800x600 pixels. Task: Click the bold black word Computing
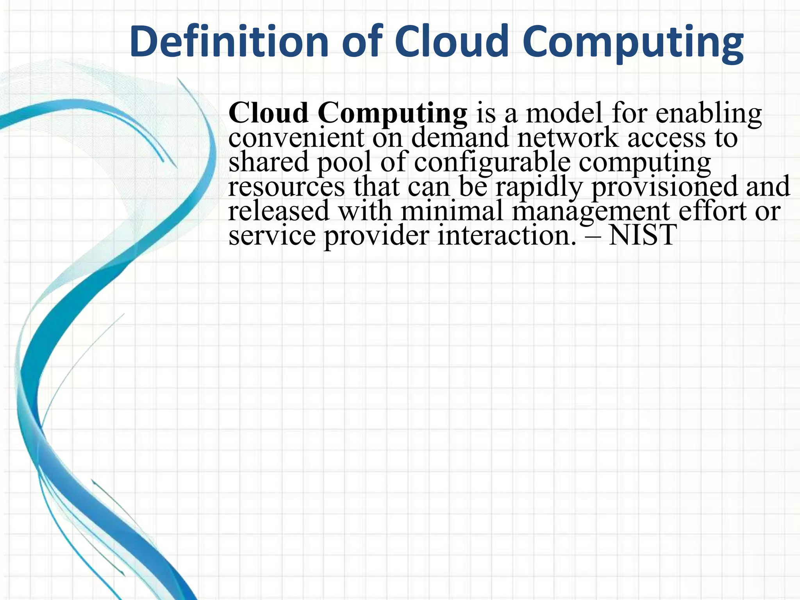(392, 114)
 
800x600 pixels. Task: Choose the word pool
(344, 162)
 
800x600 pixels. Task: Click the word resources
(286, 187)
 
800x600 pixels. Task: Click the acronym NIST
(643, 235)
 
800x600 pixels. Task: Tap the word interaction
(506, 236)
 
